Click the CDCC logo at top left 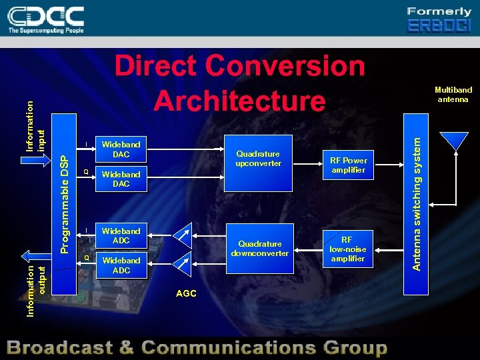46,19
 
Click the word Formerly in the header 439,11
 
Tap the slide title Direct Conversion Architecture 240,83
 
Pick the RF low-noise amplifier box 348,249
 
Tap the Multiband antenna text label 453,95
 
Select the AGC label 186,293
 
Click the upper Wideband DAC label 121,149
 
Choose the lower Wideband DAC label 121,179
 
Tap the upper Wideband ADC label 121,235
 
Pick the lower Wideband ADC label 121,265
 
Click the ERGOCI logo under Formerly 439,26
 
